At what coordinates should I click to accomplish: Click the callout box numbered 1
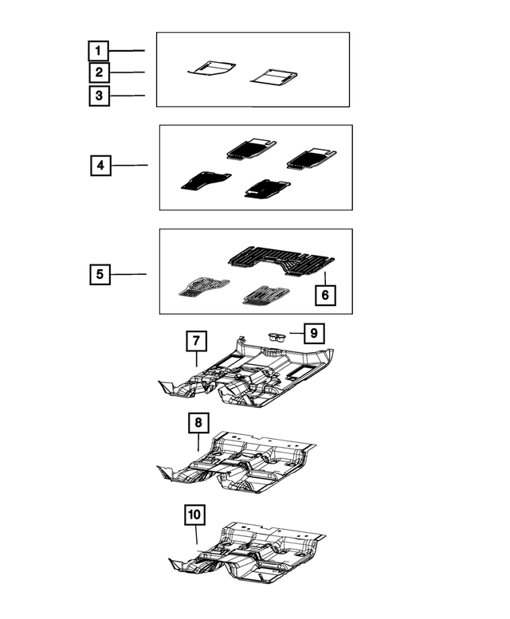tap(98, 51)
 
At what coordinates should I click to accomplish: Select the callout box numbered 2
tap(98, 73)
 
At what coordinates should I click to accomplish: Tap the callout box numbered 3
tap(98, 96)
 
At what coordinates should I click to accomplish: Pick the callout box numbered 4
tap(100, 166)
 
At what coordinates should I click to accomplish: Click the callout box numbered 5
tap(100, 275)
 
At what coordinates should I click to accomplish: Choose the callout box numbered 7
tap(196, 342)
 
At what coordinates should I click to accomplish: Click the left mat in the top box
tap(212, 69)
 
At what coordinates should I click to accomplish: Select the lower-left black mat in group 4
tap(205, 181)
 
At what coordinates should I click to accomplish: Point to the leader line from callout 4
tap(129, 166)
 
